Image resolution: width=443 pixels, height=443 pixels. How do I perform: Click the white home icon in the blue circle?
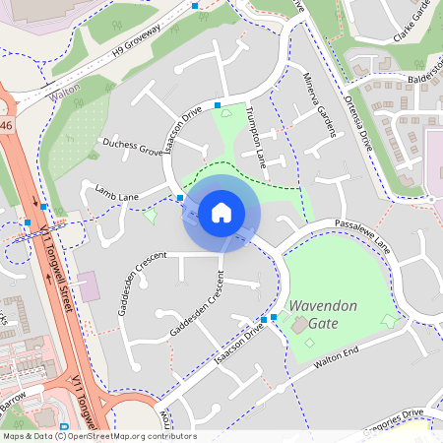pos(221,213)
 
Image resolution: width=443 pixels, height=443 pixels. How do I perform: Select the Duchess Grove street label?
pos(132,149)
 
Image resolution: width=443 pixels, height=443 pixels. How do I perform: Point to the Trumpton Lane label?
pos(256,135)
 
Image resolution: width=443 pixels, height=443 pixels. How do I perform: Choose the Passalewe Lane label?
pos(361,237)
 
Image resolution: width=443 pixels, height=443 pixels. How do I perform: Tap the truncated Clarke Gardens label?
pos(413,22)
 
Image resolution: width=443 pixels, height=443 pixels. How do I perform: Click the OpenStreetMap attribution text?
pos(98,436)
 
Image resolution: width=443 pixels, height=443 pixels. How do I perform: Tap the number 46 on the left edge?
pos(6,125)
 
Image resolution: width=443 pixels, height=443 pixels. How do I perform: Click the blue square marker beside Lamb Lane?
pos(181,198)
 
